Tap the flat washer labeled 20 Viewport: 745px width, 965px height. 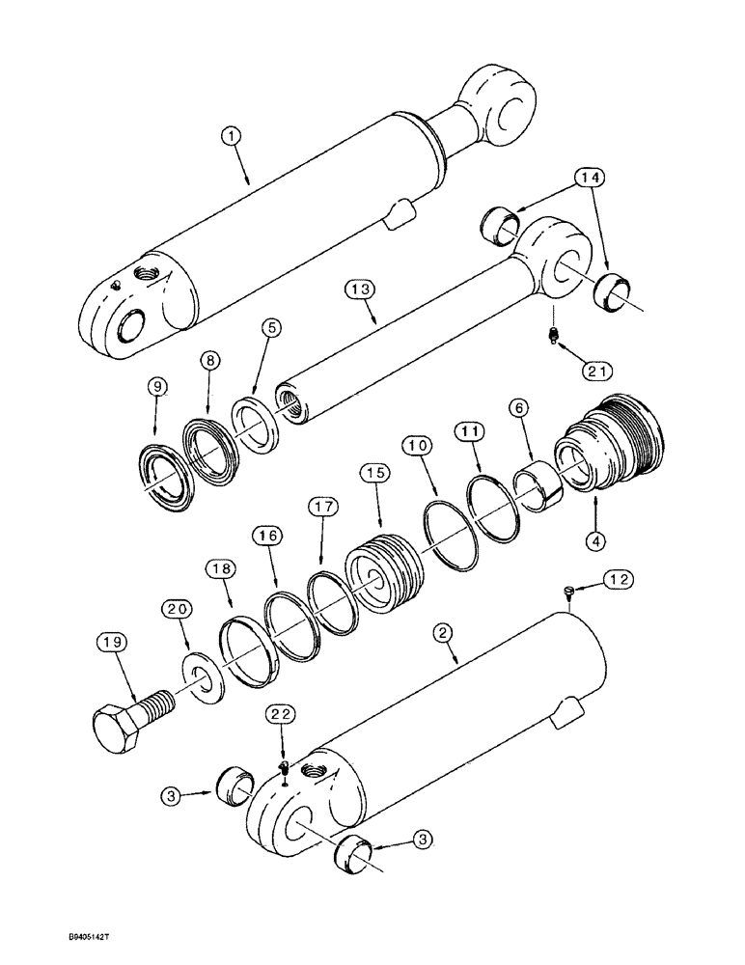(204, 677)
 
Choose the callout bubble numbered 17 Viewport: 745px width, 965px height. (323, 507)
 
